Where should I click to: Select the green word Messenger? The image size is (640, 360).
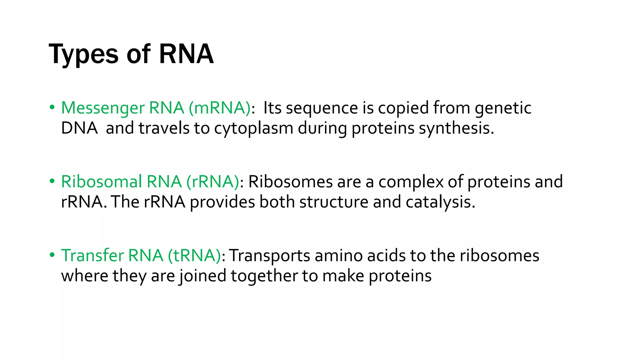(x=103, y=108)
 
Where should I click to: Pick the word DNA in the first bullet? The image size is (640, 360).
(x=79, y=128)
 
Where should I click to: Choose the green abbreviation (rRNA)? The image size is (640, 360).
(x=213, y=182)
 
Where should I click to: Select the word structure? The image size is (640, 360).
(x=334, y=202)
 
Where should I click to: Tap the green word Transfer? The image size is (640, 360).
(x=92, y=255)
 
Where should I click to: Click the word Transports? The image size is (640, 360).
(x=270, y=256)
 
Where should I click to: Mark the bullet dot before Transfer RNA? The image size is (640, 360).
(x=52, y=255)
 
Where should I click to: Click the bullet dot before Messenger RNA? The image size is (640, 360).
(x=52, y=107)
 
